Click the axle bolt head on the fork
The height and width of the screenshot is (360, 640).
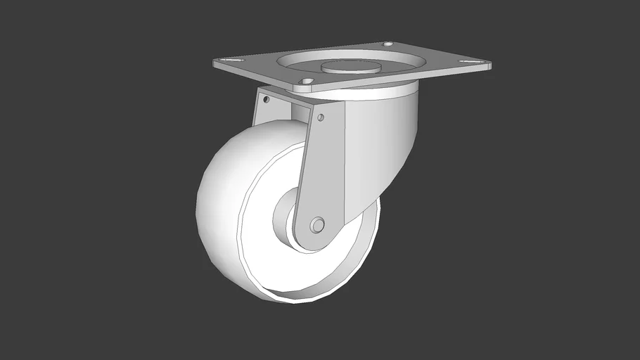tap(317, 225)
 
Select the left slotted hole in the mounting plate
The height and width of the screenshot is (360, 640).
tap(226, 60)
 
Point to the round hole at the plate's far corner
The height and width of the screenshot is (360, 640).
tap(388, 44)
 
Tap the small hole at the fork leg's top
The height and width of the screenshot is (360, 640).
tap(321, 117)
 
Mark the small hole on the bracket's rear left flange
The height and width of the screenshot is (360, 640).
tap(267, 100)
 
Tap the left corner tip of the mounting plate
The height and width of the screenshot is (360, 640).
tap(215, 63)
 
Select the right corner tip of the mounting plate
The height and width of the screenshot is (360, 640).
tap(490, 66)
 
